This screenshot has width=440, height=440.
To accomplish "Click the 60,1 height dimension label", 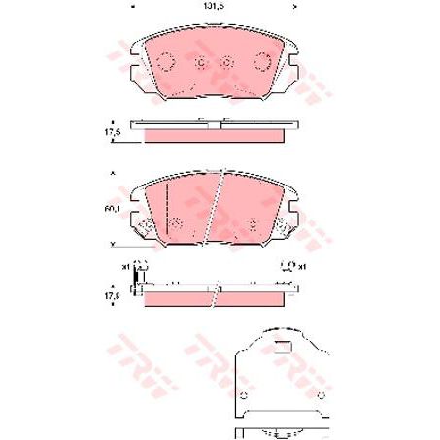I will [113, 209].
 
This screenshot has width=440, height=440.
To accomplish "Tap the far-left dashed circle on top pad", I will [165, 61].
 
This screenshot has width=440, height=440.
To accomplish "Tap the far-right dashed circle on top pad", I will [261, 61].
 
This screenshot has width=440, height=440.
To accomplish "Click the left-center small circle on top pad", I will [201, 63].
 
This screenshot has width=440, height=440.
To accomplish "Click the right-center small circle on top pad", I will [226, 63].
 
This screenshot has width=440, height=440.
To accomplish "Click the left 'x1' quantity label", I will [125, 265].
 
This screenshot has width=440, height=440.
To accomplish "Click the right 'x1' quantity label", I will [302, 265].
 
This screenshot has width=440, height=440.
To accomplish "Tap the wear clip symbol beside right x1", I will [287, 263].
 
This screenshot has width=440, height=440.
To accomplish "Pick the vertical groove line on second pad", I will [167, 207].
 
